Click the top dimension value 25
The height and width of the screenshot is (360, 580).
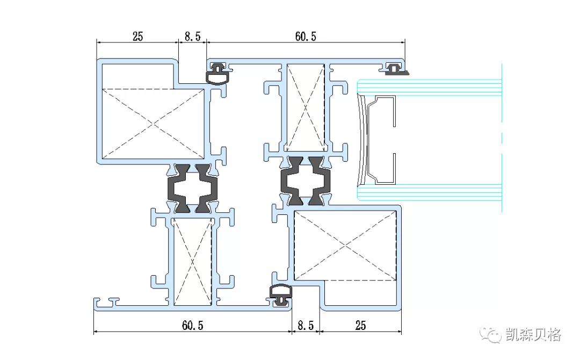137,37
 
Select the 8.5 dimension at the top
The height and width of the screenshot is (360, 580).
192,37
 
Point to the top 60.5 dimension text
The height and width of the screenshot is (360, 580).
306,37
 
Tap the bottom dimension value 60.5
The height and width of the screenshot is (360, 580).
193,325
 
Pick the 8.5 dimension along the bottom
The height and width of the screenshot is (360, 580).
306,325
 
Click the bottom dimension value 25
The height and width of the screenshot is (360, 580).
361,325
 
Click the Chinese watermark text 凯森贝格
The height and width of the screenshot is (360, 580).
533,335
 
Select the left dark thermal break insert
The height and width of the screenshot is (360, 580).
193,189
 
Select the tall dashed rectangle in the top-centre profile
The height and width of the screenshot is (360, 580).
305,107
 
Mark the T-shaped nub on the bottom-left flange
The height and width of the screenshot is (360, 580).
113,299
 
